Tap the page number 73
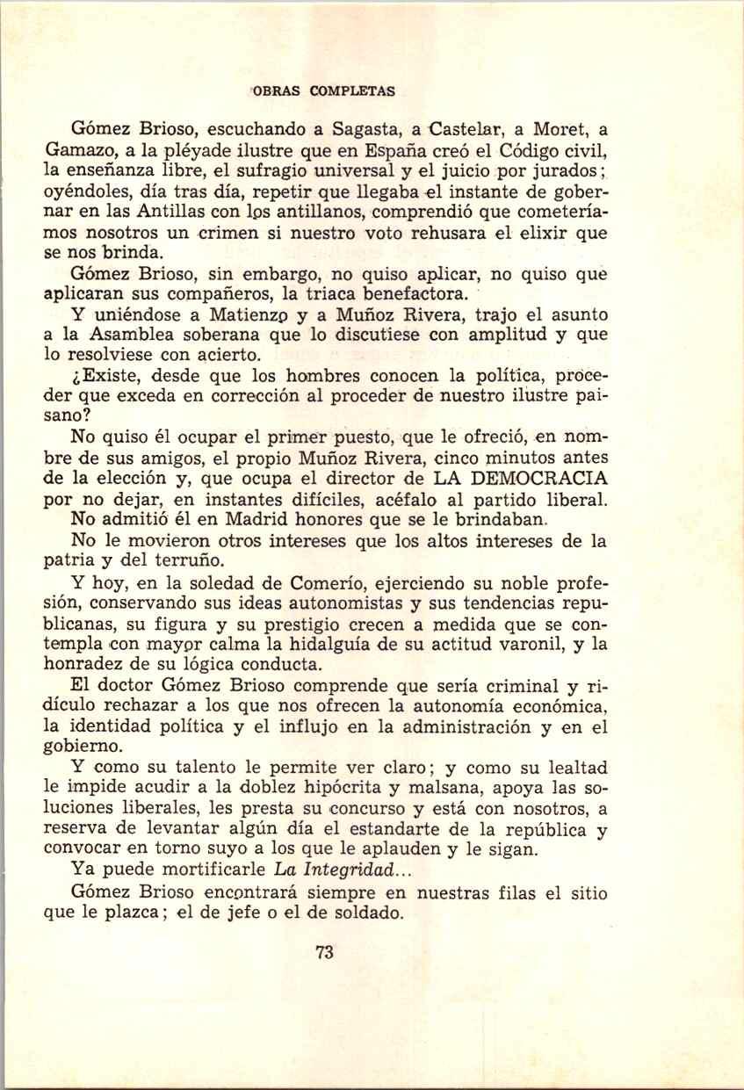324,952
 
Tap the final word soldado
362,912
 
